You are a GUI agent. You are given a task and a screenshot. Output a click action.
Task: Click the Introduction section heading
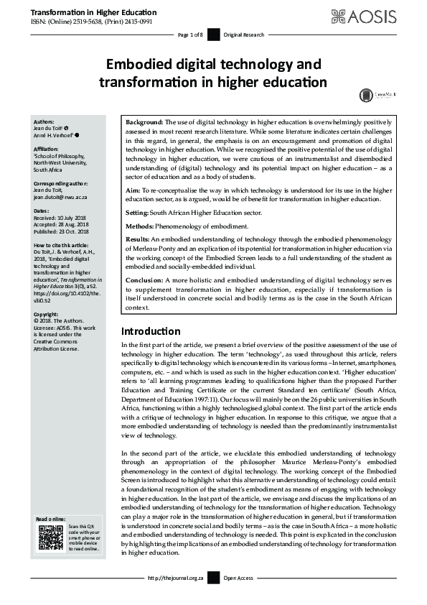[150, 331]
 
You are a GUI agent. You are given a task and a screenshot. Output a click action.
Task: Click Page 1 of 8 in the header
[190, 34]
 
